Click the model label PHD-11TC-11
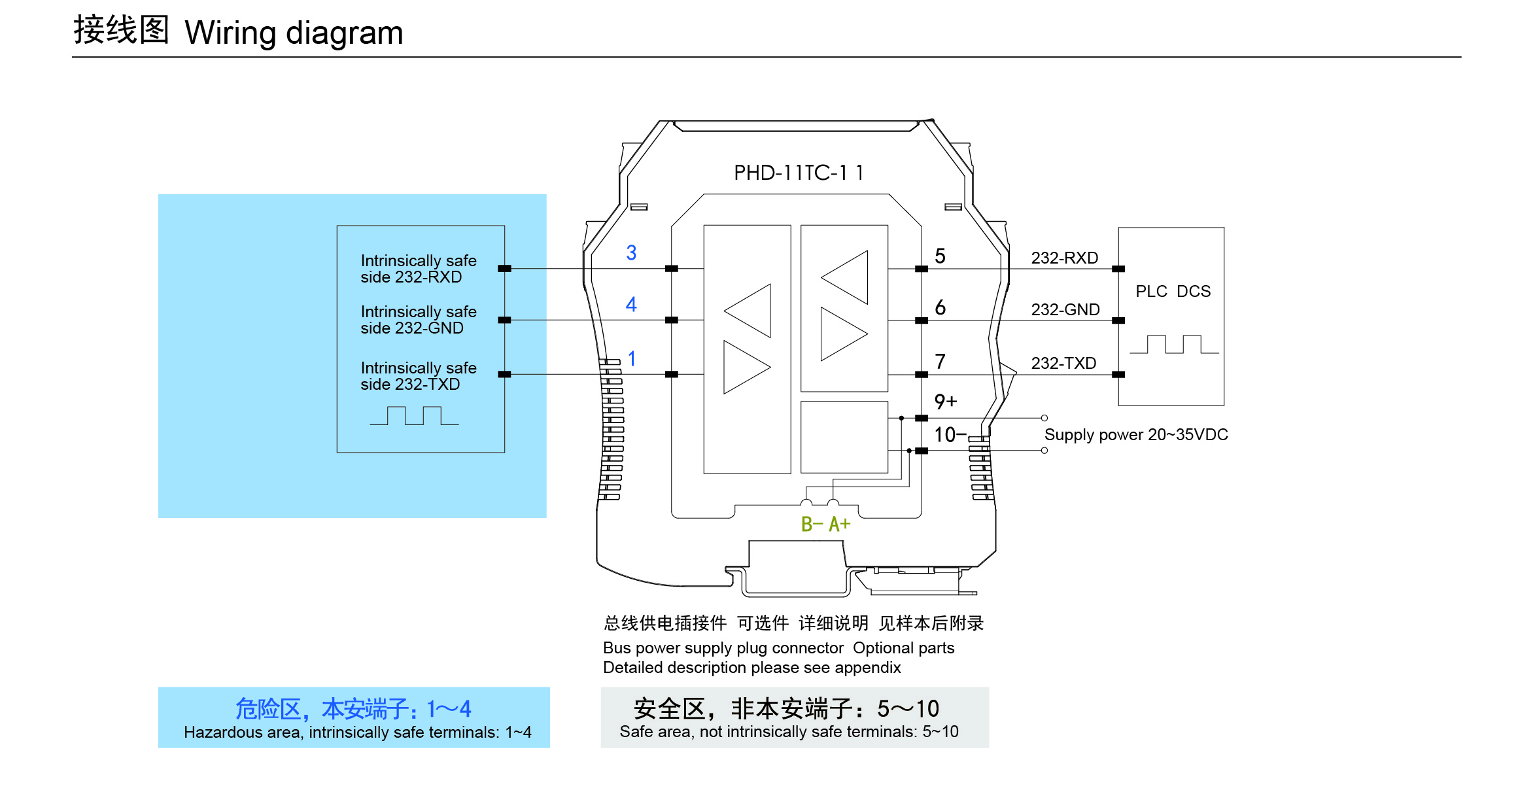point(799,173)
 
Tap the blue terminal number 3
point(631,253)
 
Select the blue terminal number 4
point(631,304)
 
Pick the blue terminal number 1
point(632,358)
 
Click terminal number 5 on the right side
point(940,256)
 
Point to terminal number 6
point(940,307)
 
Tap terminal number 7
point(940,362)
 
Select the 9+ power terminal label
point(945,402)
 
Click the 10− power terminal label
point(950,435)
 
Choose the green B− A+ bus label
point(825,525)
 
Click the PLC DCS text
point(1173,291)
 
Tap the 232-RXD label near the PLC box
point(1064,258)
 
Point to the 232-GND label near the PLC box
point(1065,309)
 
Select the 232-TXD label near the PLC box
point(1063,363)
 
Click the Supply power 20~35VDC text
point(1135,435)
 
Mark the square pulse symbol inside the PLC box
point(1173,345)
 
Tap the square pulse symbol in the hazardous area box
point(414,416)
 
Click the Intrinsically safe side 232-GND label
point(419,320)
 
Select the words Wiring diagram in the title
point(294,33)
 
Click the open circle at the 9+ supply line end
point(1044,418)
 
